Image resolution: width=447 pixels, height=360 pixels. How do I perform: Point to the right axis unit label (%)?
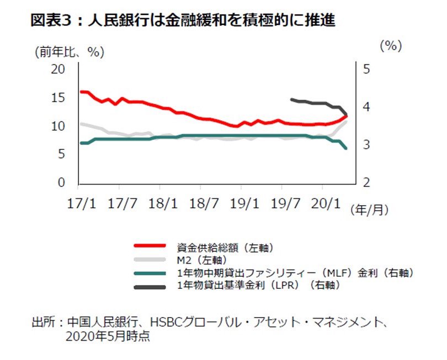click(390, 46)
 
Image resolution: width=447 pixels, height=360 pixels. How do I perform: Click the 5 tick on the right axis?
click(365, 69)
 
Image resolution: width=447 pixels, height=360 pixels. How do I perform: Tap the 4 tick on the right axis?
click(365, 107)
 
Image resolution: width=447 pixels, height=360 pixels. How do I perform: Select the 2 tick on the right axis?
click(365, 182)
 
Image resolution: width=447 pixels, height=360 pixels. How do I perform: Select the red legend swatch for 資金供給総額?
click(149, 246)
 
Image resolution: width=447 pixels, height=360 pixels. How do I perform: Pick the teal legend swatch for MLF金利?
click(149, 273)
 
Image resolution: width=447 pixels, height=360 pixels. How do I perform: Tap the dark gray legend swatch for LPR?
click(149, 286)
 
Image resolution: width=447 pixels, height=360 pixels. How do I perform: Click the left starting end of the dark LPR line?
click(291, 100)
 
